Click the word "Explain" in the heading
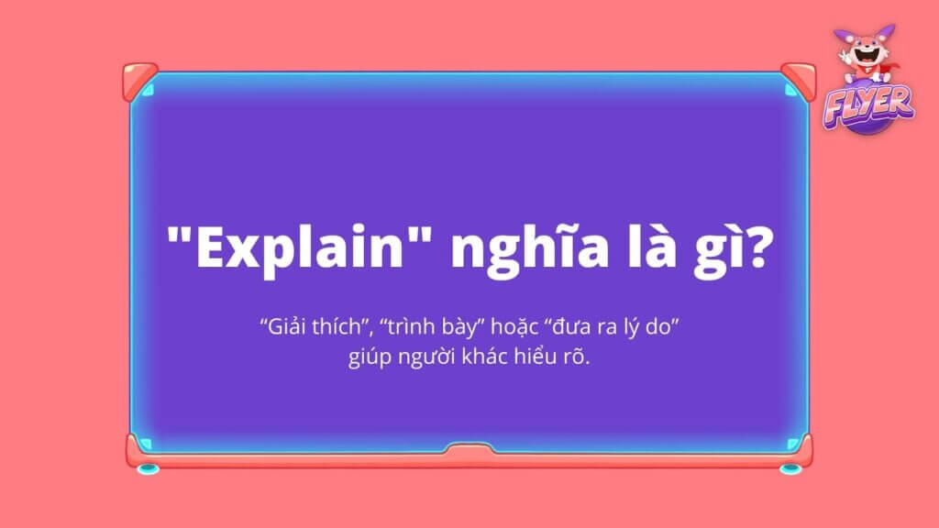coord(301,247)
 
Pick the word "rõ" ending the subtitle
coord(576,356)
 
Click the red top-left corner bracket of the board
coord(139,82)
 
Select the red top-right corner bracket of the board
coord(799,82)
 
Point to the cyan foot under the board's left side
coord(148,468)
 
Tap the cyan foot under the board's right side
coord(790,468)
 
